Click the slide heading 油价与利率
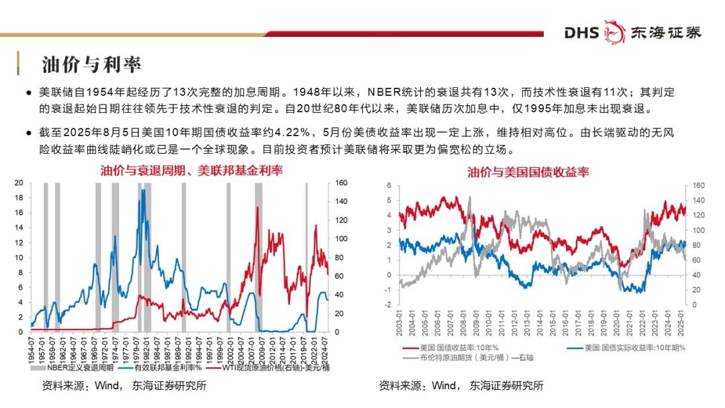tap(91, 64)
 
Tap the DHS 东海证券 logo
tap(632, 32)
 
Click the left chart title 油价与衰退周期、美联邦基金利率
tap(192, 170)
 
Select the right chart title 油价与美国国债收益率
tap(528, 172)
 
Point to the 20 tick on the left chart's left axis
tap(19, 183)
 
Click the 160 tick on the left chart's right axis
tap(341, 183)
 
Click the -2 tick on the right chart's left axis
tap(388, 305)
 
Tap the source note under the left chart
tap(124, 386)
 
